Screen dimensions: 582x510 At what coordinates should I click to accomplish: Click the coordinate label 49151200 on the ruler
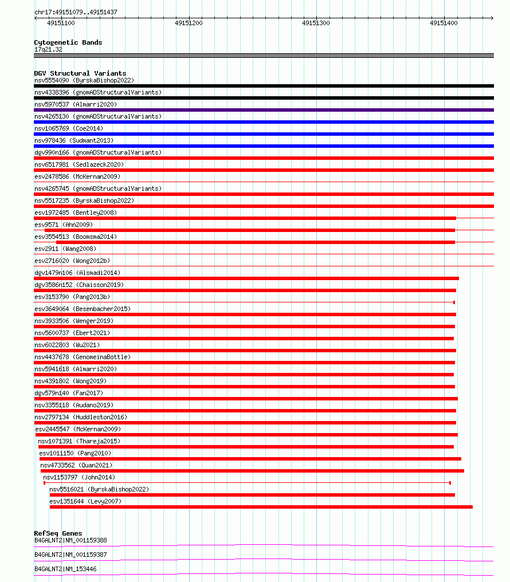coord(189,23)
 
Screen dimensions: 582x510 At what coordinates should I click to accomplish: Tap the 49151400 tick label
coord(444,23)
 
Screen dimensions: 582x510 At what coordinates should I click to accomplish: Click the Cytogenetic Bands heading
coord(68,42)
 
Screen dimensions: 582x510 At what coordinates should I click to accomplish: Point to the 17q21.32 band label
coord(48,49)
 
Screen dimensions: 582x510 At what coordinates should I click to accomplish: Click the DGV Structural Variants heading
coord(80,73)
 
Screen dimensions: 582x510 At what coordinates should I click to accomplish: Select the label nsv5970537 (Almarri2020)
coord(76,104)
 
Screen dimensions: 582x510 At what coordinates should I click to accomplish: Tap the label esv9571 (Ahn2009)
coord(64,225)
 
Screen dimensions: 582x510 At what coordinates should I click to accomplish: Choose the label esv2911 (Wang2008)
coord(65,249)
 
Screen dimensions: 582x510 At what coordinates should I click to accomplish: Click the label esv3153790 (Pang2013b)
coord(72,297)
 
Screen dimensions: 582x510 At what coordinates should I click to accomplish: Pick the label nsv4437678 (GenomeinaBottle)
coord(83,357)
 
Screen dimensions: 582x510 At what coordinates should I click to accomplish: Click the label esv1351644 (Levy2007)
coord(85,501)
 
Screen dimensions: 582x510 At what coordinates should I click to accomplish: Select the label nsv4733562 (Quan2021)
coord(76,465)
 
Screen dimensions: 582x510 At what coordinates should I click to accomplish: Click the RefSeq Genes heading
coord(58,533)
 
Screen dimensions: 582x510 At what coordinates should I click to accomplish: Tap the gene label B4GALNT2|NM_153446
coord(65,569)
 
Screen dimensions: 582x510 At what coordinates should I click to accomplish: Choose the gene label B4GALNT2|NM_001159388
coord(70,540)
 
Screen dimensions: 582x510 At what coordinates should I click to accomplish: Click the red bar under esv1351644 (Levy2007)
coord(261,507)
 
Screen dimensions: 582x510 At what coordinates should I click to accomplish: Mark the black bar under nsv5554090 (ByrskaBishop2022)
coord(264,86)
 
